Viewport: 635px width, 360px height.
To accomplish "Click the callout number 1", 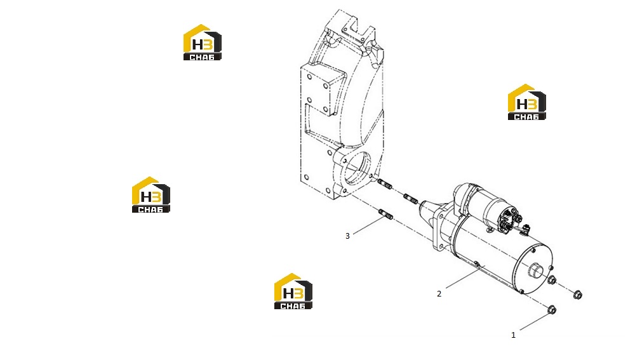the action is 513,335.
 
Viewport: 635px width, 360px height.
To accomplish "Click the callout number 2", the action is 439,293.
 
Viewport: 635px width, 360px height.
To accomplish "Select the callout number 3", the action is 347,236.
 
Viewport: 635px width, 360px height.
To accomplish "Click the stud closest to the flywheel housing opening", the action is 385,184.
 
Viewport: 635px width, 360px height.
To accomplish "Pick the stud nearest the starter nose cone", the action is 411,199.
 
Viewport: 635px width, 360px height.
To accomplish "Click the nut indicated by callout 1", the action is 551,310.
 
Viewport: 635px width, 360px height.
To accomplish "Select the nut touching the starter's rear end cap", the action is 552,280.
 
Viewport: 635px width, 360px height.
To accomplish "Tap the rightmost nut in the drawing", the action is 578,295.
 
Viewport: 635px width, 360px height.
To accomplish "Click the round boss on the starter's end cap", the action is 535,269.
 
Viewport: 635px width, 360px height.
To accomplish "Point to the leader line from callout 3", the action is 368,225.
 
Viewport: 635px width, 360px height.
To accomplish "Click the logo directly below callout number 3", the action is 293,291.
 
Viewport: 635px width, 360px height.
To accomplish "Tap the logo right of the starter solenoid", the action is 527,102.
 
